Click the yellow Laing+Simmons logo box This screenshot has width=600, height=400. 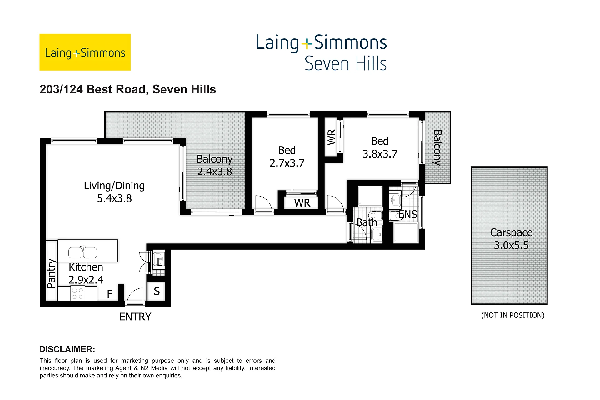point(85,52)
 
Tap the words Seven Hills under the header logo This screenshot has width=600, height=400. point(346,64)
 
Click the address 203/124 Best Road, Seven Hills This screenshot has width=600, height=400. point(128,89)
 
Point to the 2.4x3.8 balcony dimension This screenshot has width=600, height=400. point(215,172)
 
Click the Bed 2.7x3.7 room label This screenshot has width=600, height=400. point(287,157)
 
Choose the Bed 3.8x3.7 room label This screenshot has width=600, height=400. point(380,147)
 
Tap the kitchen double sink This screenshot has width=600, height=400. point(83,252)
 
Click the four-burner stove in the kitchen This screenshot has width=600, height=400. point(77,294)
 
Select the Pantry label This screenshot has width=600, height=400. point(51,273)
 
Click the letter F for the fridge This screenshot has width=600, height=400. point(110,294)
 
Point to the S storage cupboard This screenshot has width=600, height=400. point(157,292)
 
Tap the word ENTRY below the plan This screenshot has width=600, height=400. point(135,317)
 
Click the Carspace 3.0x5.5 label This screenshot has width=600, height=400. point(511,239)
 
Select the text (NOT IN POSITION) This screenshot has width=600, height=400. point(513,315)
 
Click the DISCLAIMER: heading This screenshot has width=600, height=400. point(67,349)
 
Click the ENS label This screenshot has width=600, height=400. point(408,214)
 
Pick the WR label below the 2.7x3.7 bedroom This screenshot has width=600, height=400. point(302,203)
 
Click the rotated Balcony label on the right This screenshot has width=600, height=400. point(437,147)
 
